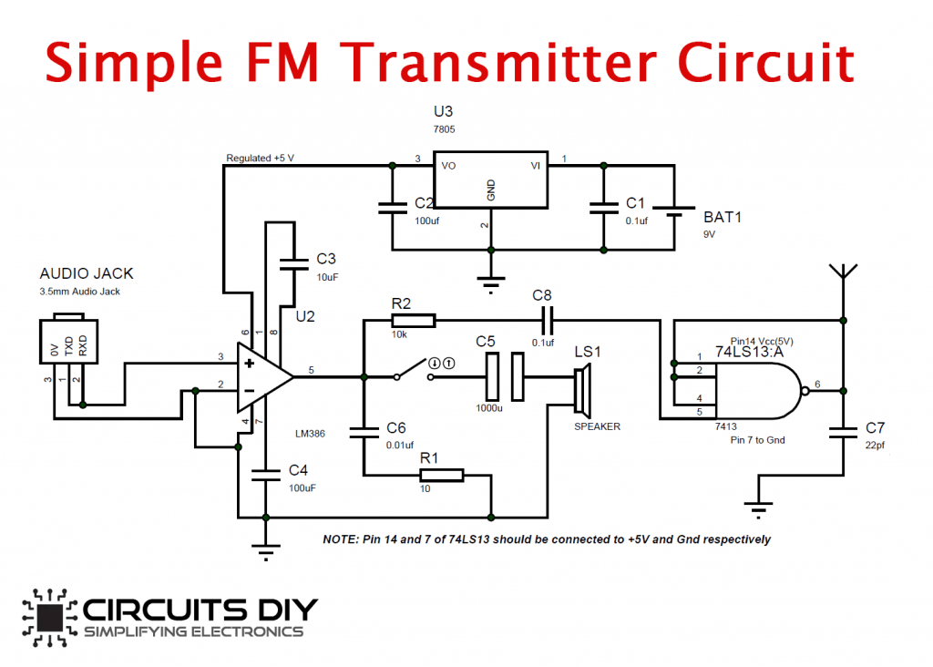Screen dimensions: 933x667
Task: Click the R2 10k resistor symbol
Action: coord(414,321)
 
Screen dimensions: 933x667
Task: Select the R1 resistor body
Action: coord(442,475)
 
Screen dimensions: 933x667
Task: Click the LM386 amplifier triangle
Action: coord(264,377)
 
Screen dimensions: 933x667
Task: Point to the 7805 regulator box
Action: coord(491,180)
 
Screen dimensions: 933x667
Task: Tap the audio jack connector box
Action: coord(68,339)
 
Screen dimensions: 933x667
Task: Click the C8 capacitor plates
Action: coord(548,321)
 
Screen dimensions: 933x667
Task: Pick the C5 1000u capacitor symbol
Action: coord(505,377)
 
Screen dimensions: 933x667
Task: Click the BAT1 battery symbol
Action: coord(674,211)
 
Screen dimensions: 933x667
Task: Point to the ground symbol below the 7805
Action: coord(491,285)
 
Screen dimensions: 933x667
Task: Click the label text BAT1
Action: coord(723,217)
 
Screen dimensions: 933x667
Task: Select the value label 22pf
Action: coord(875,445)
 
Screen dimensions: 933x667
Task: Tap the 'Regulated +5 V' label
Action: coord(260,158)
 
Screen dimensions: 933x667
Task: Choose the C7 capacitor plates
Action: coord(843,432)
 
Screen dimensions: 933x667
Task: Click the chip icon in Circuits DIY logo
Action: coord(49,617)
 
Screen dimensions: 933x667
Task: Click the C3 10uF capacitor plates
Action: coord(294,264)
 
